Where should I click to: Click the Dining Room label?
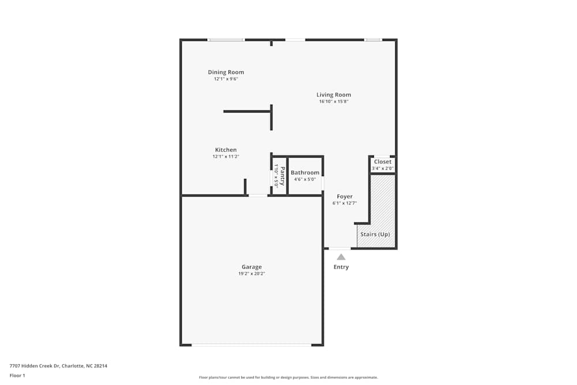tap(226, 72)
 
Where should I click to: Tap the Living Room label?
tap(334, 95)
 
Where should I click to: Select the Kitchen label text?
tap(226, 150)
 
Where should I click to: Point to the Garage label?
tap(252, 267)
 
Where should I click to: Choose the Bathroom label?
tap(305, 173)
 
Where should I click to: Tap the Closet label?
tap(383, 162)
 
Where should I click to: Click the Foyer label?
tap(344, 197)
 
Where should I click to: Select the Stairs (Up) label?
tap(375, 234)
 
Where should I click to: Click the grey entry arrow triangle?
tap(341, 257)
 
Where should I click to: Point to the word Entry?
tap(341, 267)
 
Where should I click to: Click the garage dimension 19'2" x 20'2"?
tap(252, 274)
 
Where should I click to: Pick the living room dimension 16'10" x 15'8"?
tap(334, 102)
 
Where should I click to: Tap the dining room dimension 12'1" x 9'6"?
tap(226, 79)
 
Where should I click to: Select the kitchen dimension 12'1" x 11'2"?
tap(226, 156)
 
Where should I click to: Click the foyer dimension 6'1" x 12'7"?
tap(344, 203)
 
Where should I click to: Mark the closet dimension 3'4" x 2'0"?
tap(383, 168)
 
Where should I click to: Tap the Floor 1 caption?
tap(17, 375)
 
